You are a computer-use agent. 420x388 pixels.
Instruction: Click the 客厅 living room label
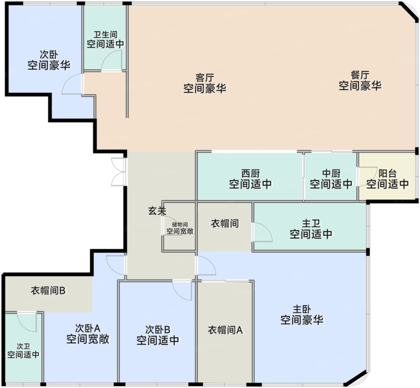coord(205,78)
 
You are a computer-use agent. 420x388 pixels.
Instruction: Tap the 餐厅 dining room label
coord(360,75)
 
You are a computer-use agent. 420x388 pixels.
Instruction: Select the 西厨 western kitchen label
coord(250,173)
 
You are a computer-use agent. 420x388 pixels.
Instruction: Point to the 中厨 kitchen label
coord(331,173)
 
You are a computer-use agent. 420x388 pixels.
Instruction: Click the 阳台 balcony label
coord(388,173)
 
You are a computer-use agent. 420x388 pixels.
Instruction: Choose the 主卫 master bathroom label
coord(311,224)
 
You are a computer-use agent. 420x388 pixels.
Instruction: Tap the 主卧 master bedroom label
coord(302,309)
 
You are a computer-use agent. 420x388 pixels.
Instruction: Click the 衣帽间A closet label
coord(225,330)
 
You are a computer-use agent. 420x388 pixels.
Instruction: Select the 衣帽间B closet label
coord(48,291)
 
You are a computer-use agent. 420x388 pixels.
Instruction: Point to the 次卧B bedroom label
coord(158,329)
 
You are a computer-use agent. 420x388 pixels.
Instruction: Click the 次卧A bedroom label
coord(88,328)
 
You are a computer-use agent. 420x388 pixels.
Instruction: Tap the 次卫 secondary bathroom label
coord(23,346)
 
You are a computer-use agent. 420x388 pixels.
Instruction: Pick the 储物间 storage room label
coord(180,225)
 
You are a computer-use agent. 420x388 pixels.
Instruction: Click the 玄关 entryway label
coord(157,211)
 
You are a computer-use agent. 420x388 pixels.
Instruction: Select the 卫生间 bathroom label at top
coord(106,34)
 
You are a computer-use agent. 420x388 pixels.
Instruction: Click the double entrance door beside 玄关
coord(118,172)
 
